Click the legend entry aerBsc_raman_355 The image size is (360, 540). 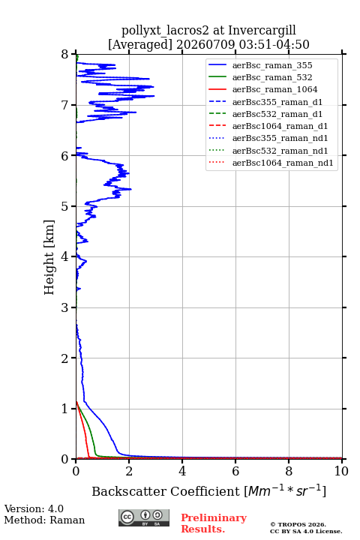point(272,65)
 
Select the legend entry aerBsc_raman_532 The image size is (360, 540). point(272,77)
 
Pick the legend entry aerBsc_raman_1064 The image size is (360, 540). point(275,89)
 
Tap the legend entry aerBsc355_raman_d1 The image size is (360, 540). point(277,102)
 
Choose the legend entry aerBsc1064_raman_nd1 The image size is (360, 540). point(283,163)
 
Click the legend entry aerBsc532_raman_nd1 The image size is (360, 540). point(280,151)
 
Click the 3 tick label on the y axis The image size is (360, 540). point(64,307)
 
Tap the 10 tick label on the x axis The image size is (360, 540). point(341,471)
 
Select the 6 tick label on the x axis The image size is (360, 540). point(235,471)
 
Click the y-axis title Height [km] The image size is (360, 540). point(49,257)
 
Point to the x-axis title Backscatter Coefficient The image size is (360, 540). point(166,491)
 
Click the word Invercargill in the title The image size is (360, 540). point(262,31)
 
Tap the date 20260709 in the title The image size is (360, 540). point(206,44)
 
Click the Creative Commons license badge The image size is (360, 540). point(144,517)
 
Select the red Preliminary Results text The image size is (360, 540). point(214,523)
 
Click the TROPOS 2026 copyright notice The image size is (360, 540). point(298,524)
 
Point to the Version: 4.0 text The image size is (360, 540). point(34,508)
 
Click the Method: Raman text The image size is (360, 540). point(44,520)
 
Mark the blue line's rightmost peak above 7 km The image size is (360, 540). point(154,96)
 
